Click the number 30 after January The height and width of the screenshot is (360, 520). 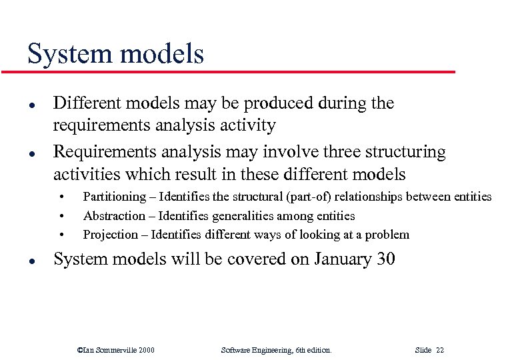(x=385, y=259)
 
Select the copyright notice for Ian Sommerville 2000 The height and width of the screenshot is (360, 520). (x=116, y=349)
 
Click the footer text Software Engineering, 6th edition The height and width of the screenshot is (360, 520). (x=275, y=349)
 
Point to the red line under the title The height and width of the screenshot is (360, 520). (x=240, y=71)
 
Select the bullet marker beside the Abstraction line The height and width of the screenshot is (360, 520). (x=62, y=216)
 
